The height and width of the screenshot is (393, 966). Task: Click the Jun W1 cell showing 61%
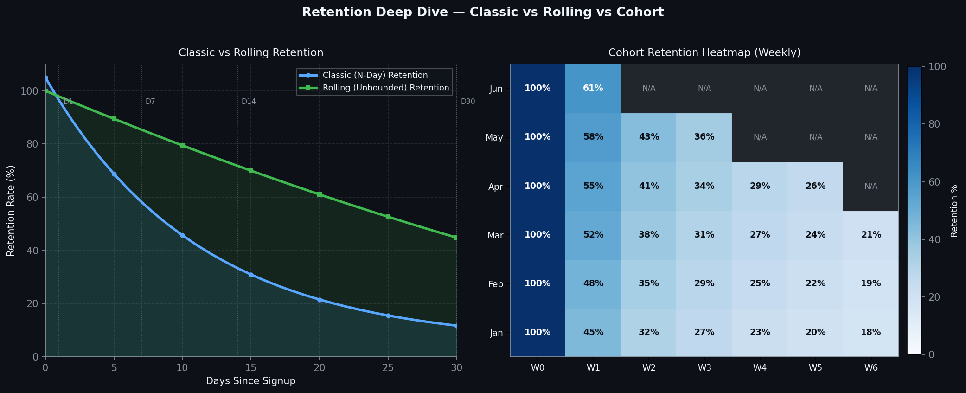click(x=593, y=88)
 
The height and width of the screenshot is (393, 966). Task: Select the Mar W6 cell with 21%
click(x=870, y=235)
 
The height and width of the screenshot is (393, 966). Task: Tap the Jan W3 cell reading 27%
click(x=704, y=332)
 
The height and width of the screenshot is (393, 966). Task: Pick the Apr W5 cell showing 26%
click(x=815, y=186)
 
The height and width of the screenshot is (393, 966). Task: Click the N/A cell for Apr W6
click(x=870, y=186)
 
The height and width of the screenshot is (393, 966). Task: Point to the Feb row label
click(x=495, y=284)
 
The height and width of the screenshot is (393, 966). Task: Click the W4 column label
click(x=760, y=368)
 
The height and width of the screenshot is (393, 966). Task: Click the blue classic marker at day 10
click(x=182, y=235)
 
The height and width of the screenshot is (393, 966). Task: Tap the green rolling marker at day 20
click(x=320, y=194)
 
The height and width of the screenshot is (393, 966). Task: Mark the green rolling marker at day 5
click(x=114, y=119)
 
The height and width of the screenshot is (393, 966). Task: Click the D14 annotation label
click(x=249, y=102)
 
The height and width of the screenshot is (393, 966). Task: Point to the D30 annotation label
click(x=467, y=102)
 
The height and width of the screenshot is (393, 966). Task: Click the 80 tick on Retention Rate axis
click(x=32, y=144)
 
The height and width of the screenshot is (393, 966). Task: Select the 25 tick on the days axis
click(x=388, y=368)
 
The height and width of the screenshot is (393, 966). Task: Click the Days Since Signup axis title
click(x=250, y=381)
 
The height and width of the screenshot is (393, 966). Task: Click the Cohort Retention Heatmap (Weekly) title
click(x=704, y=52)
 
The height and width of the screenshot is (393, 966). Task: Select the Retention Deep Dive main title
click(x=482, y=13)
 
